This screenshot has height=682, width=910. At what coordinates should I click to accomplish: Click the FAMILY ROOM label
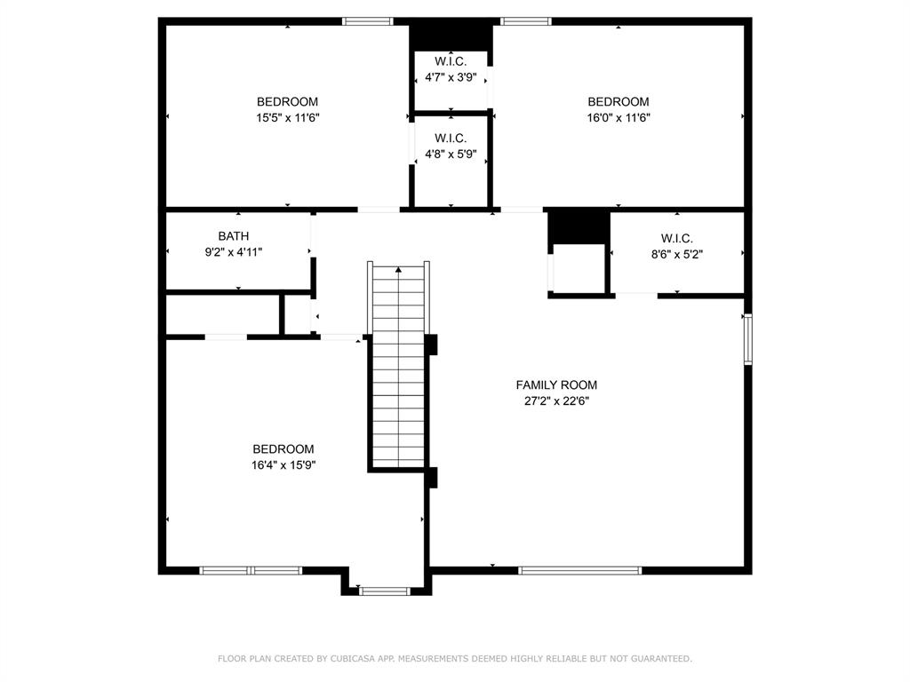(556, 385)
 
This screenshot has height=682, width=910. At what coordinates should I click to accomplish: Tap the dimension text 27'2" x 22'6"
(556, 400)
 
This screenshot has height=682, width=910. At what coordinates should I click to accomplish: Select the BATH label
(234, 236)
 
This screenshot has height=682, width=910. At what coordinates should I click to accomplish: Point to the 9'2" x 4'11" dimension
(234, 252)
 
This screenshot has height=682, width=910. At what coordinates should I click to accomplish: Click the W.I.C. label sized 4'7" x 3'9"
(451, 61)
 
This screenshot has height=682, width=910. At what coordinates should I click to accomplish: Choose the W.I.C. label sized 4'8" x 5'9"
(451, 138)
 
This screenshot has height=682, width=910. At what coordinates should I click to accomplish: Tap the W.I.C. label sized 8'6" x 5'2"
(676, 238)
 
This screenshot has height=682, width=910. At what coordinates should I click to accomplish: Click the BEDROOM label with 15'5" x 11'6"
(287, 101)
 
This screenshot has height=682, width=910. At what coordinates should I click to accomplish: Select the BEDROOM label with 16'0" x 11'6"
(619, 101)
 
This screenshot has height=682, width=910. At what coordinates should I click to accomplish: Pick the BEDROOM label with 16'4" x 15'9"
(283, 448)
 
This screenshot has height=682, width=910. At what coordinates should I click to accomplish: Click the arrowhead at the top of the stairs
(399, 270)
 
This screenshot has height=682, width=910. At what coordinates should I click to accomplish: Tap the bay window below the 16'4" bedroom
(384, 591)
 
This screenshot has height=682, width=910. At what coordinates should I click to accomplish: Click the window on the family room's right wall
(748, 338)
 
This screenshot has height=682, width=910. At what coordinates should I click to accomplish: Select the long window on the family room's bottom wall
(579, 571)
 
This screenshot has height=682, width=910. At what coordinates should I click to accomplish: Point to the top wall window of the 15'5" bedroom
(367, 21)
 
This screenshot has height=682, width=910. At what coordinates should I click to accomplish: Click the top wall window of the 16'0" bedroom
(526, 21)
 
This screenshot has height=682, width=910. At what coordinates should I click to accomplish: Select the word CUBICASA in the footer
(353, 658)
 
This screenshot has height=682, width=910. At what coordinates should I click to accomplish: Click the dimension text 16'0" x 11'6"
(619, 118)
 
